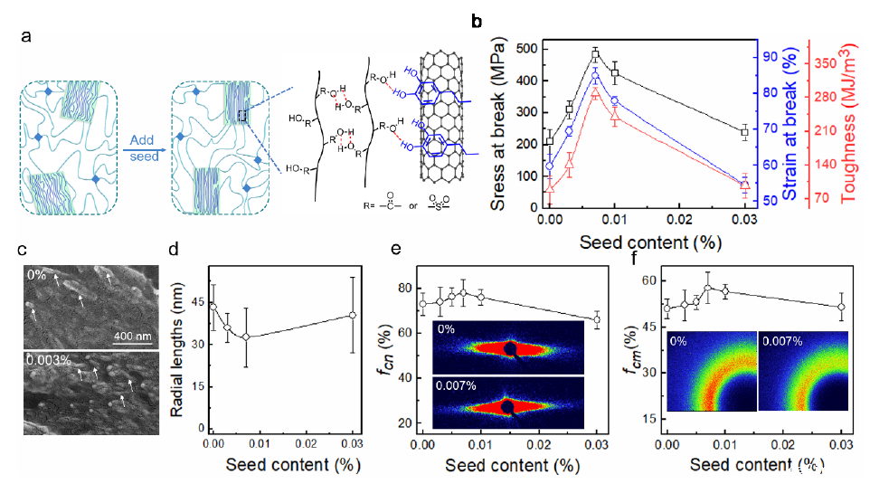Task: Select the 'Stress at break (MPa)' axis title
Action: [499, 127]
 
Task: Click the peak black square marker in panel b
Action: [595, 55]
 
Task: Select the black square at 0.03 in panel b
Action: [744, 132]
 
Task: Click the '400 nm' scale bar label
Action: [135, 336]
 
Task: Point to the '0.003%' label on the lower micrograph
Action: [46, 360]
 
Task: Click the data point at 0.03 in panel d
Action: [353, 315]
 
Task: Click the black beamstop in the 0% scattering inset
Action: [510, 348]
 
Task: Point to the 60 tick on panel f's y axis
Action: [650, 281]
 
